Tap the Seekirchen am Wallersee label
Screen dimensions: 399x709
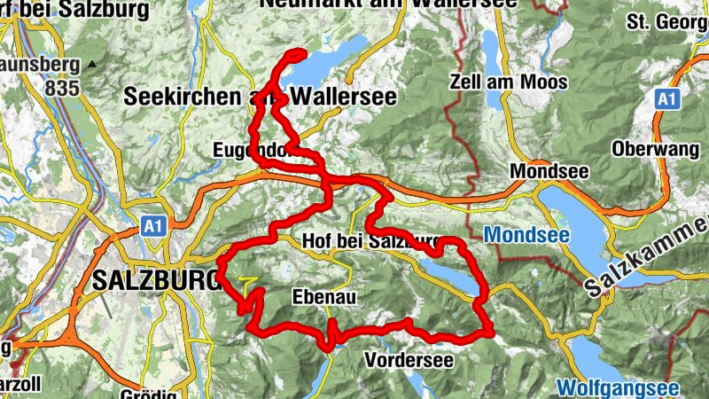click(259, 95)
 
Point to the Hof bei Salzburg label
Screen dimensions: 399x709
click(370, 241)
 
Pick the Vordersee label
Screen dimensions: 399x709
click(409, 360)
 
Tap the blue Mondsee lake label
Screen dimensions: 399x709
click(524, 236)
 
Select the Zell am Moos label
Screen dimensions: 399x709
click(509, 82)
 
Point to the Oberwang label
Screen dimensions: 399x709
click(655, 149)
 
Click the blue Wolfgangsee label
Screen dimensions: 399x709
click(619, 388)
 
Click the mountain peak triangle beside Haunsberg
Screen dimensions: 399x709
click(92, 65)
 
